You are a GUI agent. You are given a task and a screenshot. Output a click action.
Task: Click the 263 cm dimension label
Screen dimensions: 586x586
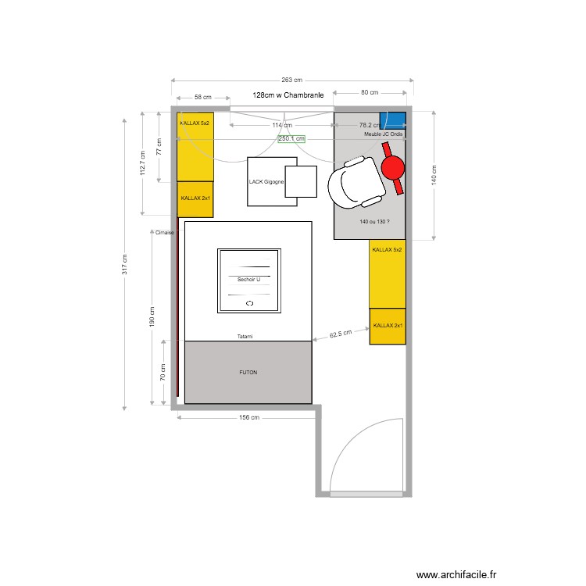[x=291, y=80]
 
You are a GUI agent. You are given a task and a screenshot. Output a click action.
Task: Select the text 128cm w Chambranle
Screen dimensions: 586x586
[x=288, y=95]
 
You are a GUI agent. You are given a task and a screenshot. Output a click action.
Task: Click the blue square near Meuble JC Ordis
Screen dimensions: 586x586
[x=393, y=121]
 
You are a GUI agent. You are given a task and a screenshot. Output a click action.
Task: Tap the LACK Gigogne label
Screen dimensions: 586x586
[x=266, y=182]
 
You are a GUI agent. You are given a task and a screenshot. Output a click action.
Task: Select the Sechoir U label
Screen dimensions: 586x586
[x=248, y=279]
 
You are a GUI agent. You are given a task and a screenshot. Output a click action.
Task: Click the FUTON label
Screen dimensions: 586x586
[x=248, y=373]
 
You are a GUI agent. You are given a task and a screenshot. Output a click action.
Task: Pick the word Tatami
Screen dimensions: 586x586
[x=245, y=337]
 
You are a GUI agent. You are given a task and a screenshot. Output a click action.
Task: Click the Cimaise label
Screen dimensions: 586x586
[x=164, y=233]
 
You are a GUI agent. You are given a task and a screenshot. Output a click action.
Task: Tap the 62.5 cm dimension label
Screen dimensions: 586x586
[x=340, y=334]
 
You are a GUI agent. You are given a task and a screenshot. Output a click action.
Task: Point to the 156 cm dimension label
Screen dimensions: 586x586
[x=248, y=418]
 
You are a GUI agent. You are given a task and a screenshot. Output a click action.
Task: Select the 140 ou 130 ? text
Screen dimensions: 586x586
[x=373, y=222]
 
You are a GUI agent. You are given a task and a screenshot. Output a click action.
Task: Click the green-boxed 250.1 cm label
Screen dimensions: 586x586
[x=291, y=138]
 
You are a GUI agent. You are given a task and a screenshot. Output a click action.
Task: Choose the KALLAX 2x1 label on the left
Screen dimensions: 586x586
[x=195, y=198]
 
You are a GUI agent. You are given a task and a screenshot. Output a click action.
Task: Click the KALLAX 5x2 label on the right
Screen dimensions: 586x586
[x=387, y=250]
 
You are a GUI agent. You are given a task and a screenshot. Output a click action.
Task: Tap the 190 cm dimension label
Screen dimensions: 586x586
[x=152, y=315]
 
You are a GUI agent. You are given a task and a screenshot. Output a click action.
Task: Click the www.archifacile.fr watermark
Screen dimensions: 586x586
[x=456, y=574]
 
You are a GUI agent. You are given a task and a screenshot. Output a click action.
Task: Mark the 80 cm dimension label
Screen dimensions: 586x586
[x=369, y=92]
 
